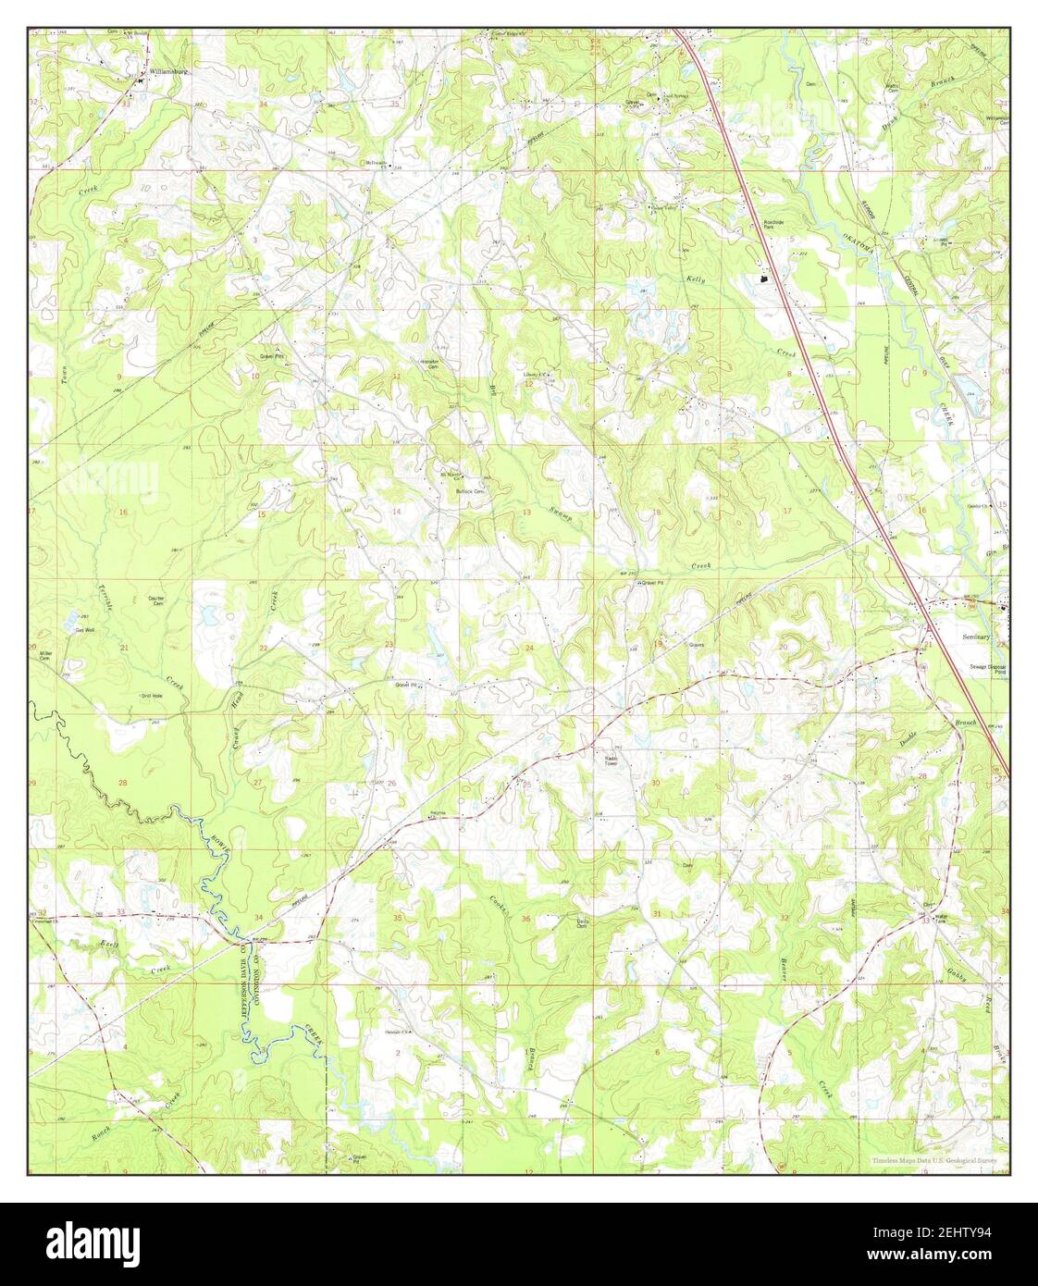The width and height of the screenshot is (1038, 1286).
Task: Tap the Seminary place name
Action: [x=977, y=637]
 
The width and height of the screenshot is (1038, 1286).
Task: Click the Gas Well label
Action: [x=84, y=630]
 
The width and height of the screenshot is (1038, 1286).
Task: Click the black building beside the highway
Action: [x=763, y=276]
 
